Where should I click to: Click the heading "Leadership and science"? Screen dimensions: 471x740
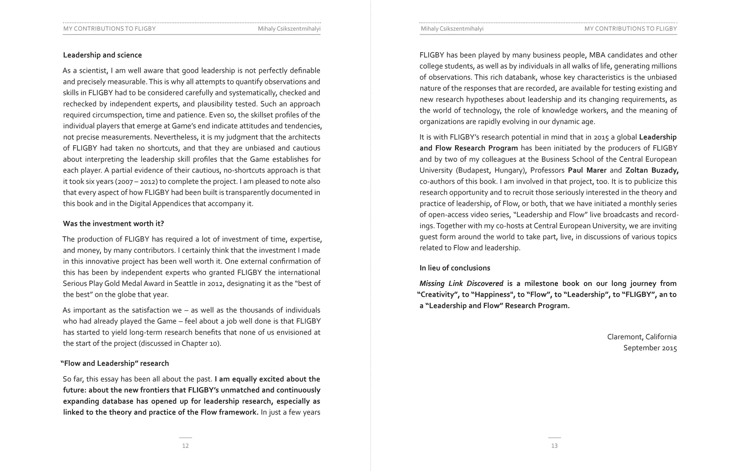[102, 55]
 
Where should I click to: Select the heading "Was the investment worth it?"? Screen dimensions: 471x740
[113, 223]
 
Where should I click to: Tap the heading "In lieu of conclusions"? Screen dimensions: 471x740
[455, 268]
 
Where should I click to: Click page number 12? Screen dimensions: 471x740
[185, 446]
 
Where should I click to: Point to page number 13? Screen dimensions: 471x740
[554, 446]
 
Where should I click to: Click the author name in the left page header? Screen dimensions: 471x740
[289, 29]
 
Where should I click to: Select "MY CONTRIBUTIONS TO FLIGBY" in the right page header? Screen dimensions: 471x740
[631, 29]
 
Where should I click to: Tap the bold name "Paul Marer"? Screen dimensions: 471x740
[587, 170]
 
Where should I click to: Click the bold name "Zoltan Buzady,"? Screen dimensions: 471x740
[652, 170]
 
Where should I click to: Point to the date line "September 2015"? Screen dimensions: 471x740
[650, 348]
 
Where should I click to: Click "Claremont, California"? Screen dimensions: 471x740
[642, 337]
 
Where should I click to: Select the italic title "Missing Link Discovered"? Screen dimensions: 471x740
[461, 283]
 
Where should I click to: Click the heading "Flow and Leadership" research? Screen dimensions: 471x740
[115, 363]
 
